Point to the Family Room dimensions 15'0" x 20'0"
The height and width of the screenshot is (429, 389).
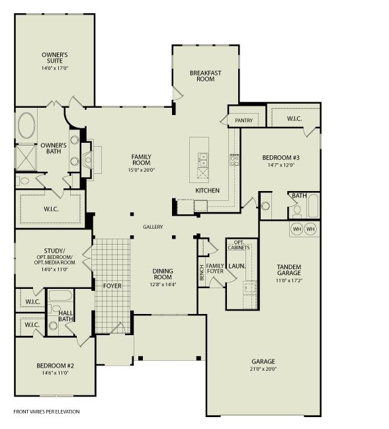(141, 170)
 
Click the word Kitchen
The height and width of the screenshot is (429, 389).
(206, 190)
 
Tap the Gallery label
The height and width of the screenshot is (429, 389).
(153, 227)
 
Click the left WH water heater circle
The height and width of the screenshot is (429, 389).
(297, 229)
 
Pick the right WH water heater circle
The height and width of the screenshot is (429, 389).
(311, 229)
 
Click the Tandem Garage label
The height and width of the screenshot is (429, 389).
(289, 270)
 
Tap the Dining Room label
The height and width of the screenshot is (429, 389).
(163, 274)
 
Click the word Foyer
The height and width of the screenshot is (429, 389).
(112, 286)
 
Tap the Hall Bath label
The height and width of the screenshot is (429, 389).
(65, 317)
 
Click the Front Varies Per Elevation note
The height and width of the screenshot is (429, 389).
(46, 411)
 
